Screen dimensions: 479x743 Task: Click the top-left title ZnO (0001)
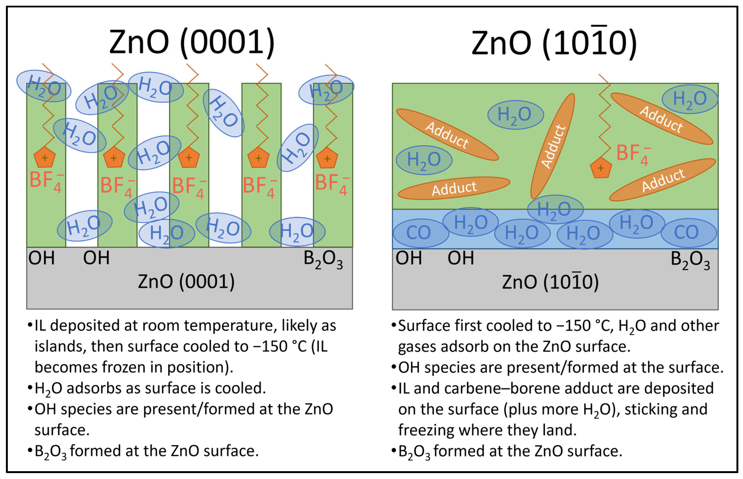192,42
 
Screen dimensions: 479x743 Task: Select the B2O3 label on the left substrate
323,259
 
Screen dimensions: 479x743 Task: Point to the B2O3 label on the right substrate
690,260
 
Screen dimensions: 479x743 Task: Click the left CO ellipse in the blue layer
419,233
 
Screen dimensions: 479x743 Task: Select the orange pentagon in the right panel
601,168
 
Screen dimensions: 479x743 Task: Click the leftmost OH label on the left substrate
41,258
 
